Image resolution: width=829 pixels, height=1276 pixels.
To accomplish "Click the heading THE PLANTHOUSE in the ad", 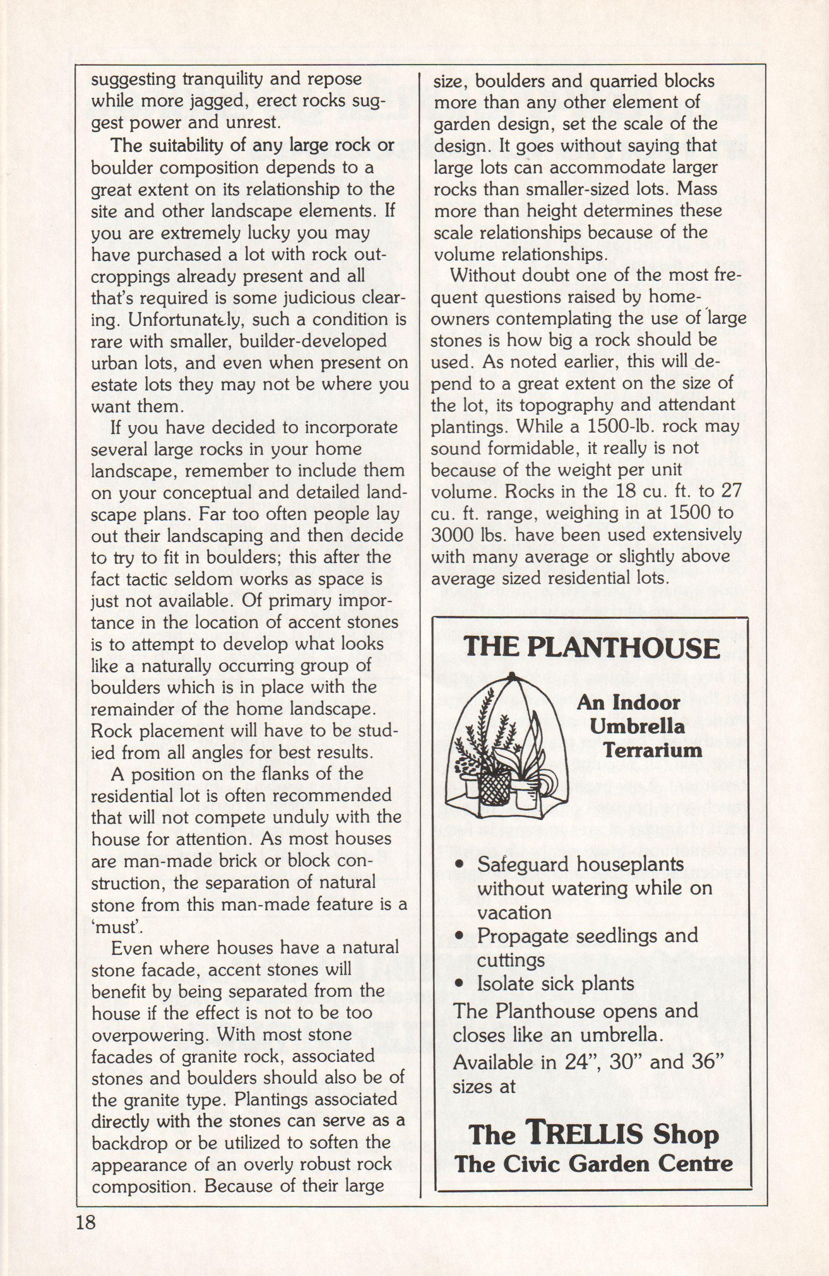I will tap(591, 648).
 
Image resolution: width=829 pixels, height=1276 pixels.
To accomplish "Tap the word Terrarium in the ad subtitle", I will tap(653, 749).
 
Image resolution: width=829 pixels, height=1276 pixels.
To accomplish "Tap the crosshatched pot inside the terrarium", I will tap(494, 786).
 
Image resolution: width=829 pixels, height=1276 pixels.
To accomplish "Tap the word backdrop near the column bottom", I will tap(130, 1143).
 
